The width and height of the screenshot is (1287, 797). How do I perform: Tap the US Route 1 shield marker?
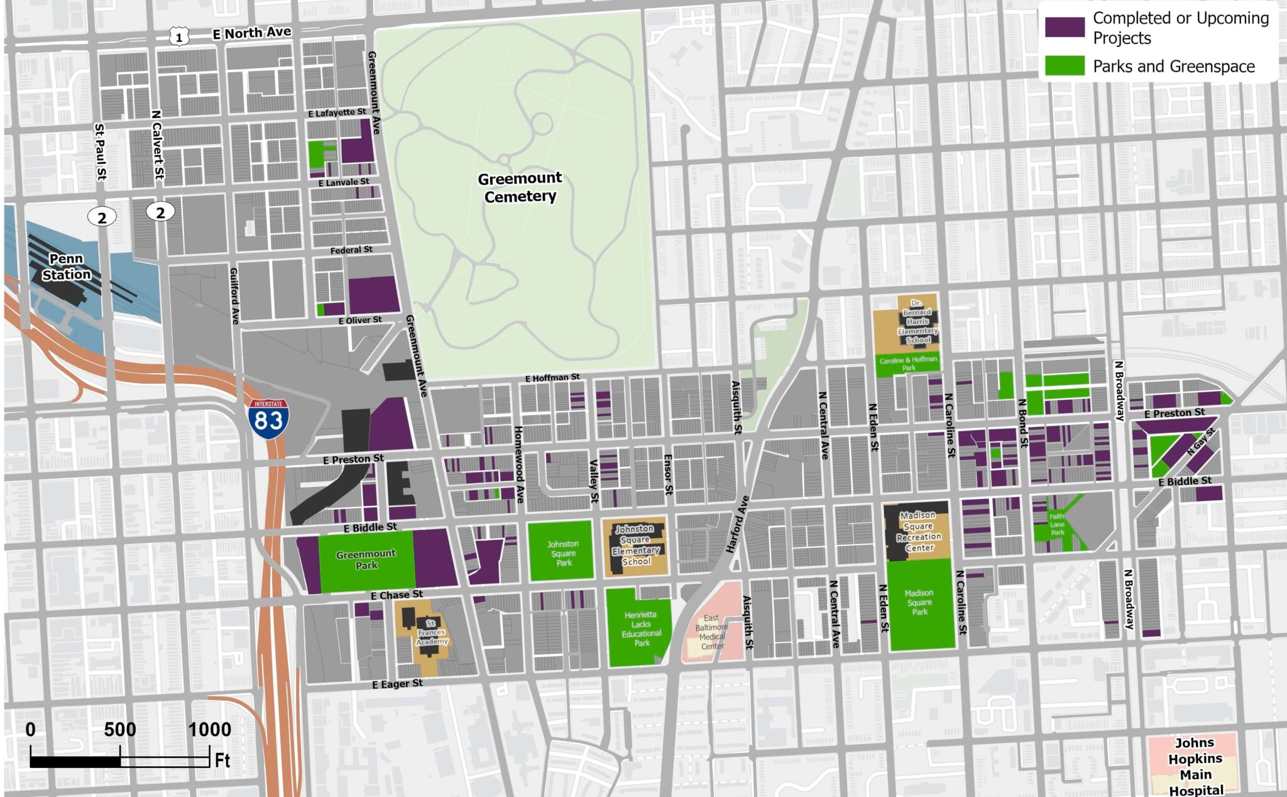[x=179, y=37]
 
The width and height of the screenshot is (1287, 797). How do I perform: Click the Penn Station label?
[x=66, y=267]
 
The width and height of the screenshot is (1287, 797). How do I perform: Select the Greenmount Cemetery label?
[x=520, y=187]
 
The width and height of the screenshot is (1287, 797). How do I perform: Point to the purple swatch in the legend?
[x=1065, y=28]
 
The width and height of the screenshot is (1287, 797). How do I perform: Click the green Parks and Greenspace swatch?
[x=1065, y=66]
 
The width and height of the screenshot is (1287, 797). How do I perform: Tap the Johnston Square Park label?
[x=563, y=553]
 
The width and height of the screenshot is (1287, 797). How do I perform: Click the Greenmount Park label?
[x=366, y=559]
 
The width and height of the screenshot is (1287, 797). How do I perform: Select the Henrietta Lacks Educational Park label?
[x=641, y=629]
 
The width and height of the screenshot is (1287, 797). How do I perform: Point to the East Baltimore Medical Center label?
[x=711, y=632]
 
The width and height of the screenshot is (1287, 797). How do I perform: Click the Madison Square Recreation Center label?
[x=919, y=532]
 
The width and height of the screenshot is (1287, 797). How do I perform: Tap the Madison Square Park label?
[x=919, y=602]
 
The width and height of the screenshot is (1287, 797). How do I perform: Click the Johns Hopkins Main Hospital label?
[x=1195, y=766]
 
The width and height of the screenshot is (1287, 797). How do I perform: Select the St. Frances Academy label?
[x=431, y=632]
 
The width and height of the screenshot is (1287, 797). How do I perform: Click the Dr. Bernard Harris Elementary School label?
[x=917, y=322]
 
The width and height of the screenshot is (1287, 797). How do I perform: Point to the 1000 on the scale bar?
[x=210, y=730]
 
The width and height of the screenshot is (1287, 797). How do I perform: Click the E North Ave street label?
[x=251, y=33]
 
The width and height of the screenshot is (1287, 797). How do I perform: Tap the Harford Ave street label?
[x=738, y=524]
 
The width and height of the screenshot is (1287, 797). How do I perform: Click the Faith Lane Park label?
[x=1057, y=524]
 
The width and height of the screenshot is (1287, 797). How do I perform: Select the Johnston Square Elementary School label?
[x=635, y=545]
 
